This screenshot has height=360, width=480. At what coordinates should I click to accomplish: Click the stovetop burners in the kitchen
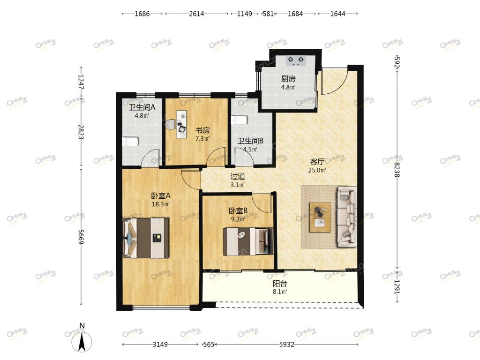[x=296, y=60]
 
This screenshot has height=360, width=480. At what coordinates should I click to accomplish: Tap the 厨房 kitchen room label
[x=288, y=79]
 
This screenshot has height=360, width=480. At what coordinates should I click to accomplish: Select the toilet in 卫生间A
[x=130, y=142]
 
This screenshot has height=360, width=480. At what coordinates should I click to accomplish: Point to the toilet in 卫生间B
[x=239, y=120]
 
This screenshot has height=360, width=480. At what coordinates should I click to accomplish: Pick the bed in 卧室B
[x=248, y=241]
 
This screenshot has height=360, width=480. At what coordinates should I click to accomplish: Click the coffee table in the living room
[x=320, y=217]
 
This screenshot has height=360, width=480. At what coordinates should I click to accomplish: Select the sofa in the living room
[x=347, y=217]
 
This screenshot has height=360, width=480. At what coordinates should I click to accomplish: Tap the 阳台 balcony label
[x=280, y=284]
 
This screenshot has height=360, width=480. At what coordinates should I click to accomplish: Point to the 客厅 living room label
[x=317, y=162]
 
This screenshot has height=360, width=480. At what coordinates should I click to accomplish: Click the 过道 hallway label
[x=238, y=176]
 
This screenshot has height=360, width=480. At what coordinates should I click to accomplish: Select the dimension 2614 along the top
[x=196, y=14]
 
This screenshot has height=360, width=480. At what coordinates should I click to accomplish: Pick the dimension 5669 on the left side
[x=81, y=237]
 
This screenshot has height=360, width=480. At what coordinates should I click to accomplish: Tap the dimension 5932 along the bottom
[x=287, y=345]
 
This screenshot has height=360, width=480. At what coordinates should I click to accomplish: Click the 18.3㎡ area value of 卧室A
[x=161, y=204]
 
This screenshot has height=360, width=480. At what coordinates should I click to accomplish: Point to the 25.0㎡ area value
[x=317, y=170]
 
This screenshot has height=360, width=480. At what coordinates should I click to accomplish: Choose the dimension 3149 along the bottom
[x=160, y=345]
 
